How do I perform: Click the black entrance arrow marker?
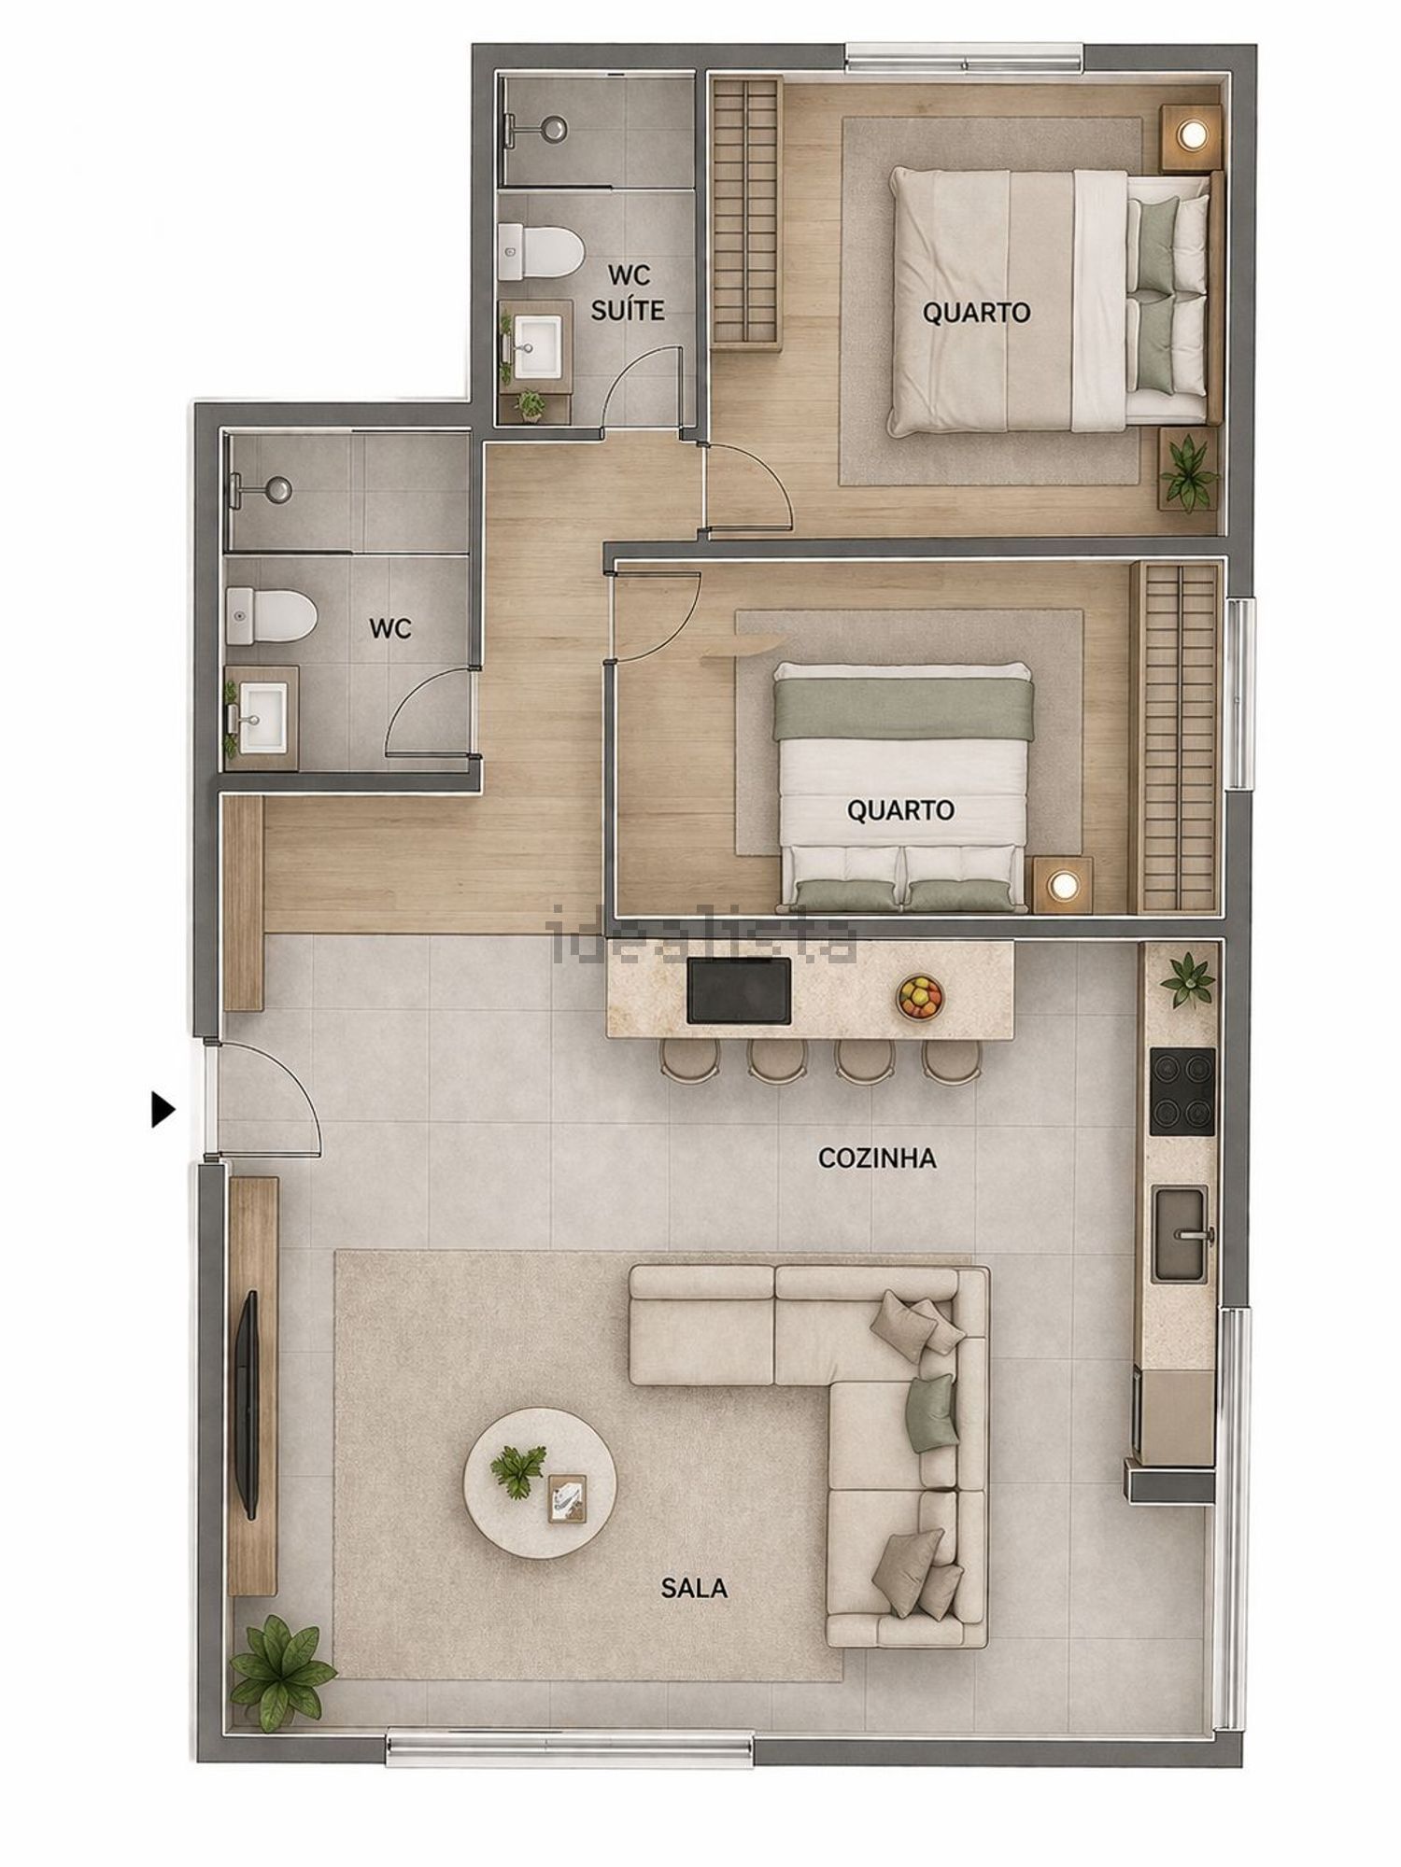click(x=163, y=1110)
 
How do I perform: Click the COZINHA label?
click(x=877, y=1158)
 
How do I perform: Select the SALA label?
click(x=694, y=1587)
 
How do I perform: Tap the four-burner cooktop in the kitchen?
click(x=1182, y=1091)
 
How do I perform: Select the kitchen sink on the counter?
click(x=1182, y=1233)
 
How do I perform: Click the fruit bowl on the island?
click(x=920, y=996)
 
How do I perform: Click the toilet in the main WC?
click(x=271, y=615)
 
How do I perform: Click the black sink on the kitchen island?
click(x=739, y=990)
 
